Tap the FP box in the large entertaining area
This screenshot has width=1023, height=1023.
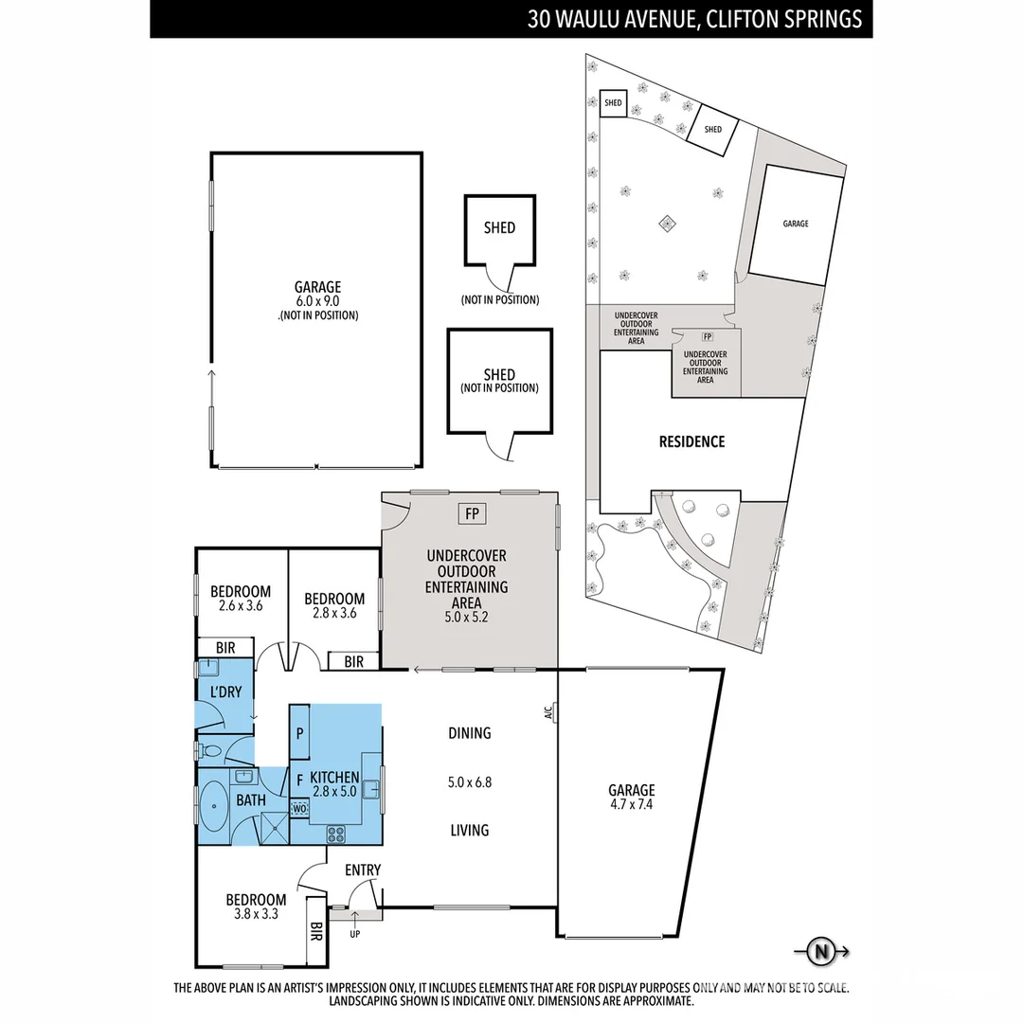pyautogui.click(x=472, y=514)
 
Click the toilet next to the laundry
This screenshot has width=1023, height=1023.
pyautogui.click(x=212, y=752)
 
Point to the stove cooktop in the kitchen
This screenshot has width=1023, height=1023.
pyautogui.click(x=336, y=834)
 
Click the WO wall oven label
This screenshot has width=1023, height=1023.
pyautogui.click(x=299, y=809)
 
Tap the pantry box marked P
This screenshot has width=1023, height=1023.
pyautogui.click(x=299, y=732)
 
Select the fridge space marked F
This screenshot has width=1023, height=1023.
pyautogui.click(x=299, y=781)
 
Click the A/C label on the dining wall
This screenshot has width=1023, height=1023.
pyautogui.click(x=548, y=713)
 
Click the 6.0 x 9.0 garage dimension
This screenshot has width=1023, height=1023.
pyautogui.click(x=317, y=300)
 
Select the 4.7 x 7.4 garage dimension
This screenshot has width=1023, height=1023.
pyautogui.click(x=632, y=805)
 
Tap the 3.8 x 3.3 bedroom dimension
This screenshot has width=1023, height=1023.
pyautogui.click(x=256, y=915)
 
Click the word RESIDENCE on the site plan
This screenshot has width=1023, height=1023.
pyautogui.click(x=691, y=441)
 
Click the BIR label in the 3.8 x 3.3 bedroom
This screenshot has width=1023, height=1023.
pyautogui.click(x=316, y=934)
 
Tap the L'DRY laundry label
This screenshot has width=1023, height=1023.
pyautogui.click(x=226, y=692)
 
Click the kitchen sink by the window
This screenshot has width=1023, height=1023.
pyautogui.click(x=371, y=786)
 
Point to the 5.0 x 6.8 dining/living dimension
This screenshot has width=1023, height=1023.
pyautogui.click(x=470, y=782)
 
